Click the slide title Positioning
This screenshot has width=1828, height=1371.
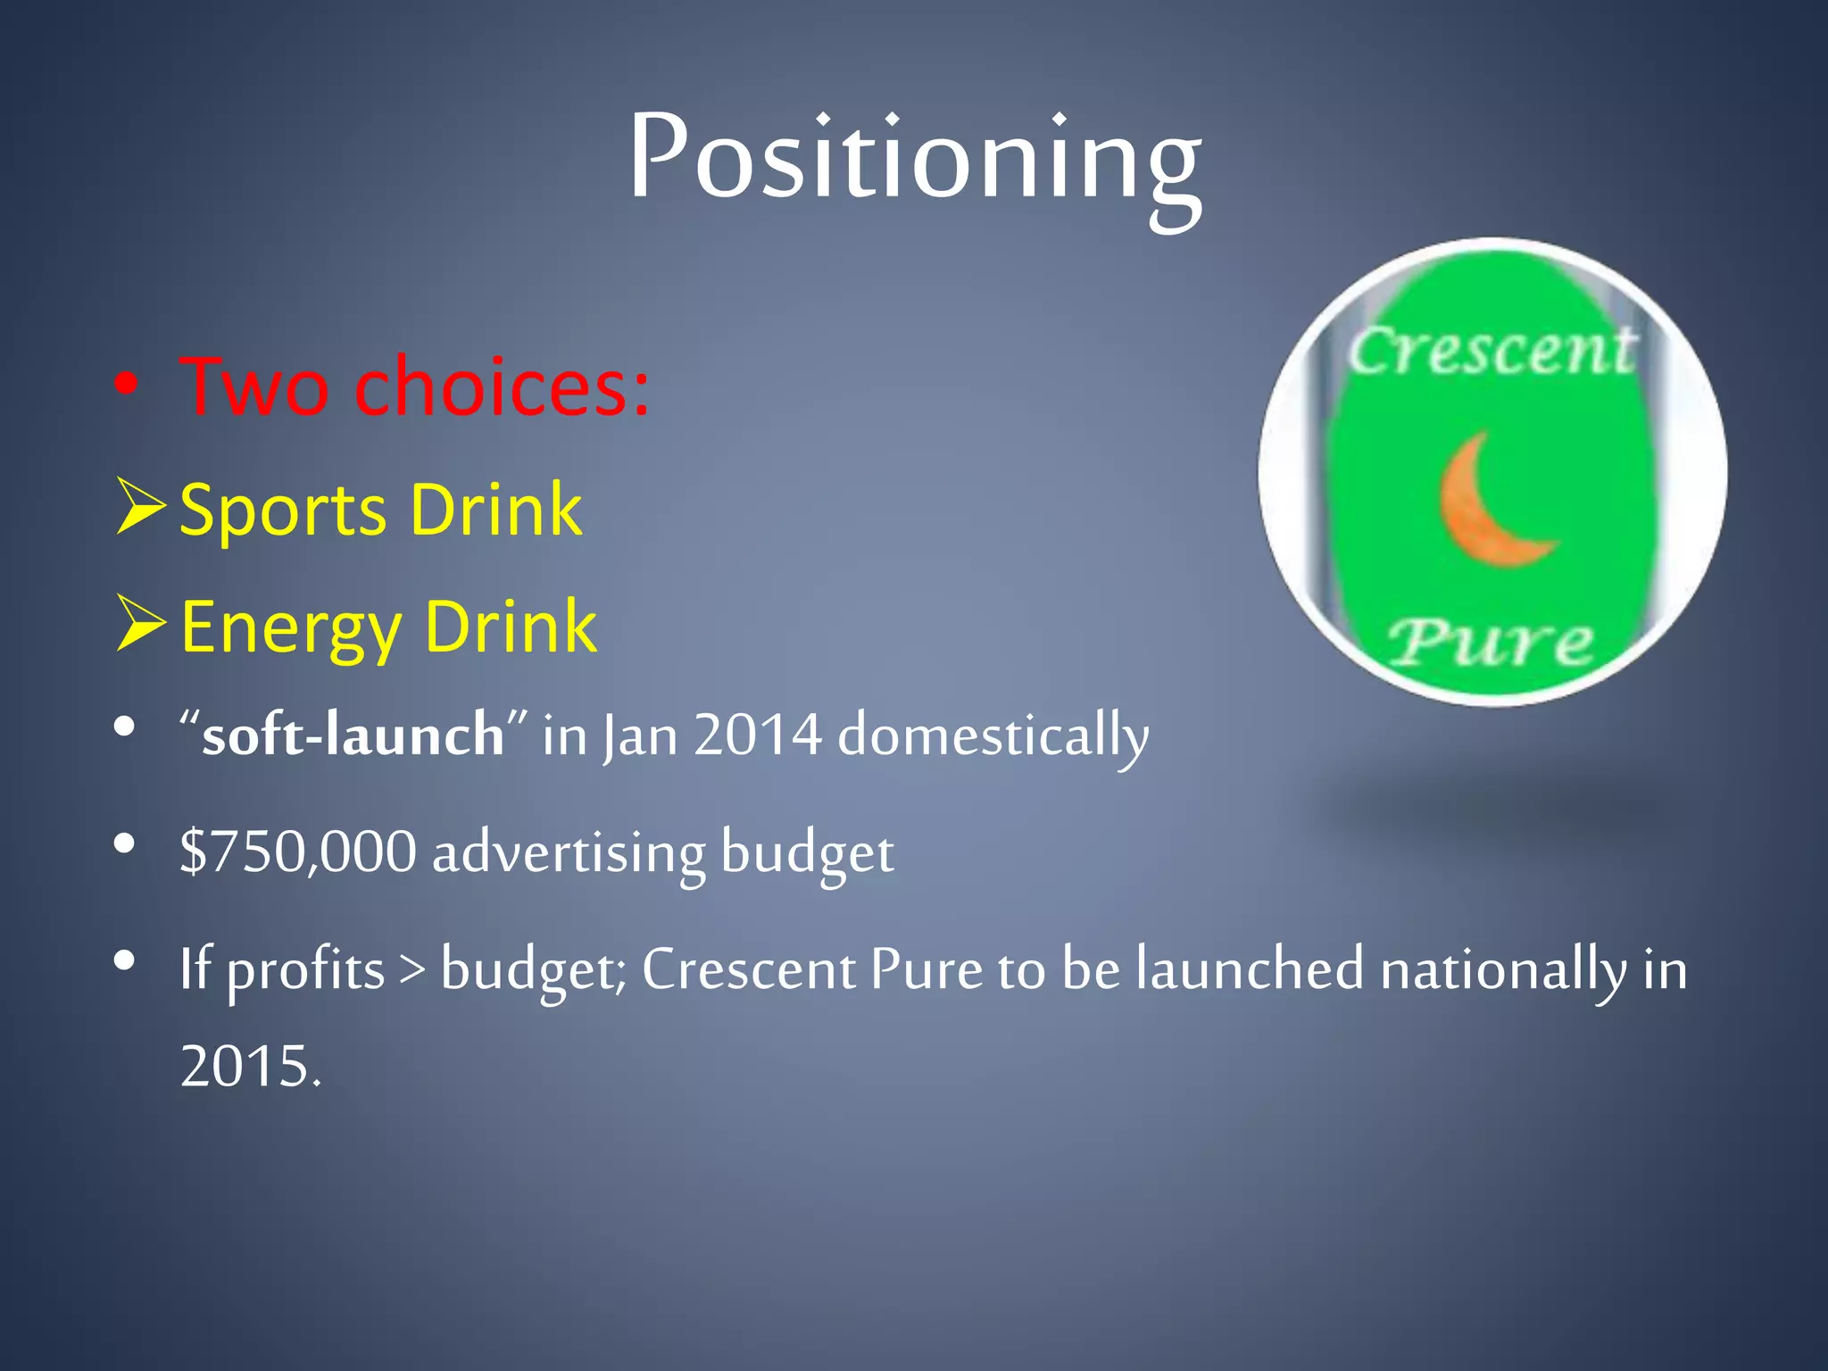914,159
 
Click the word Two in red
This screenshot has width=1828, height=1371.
253,387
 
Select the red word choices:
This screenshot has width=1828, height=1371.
502,387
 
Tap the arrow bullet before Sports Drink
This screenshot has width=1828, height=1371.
140,507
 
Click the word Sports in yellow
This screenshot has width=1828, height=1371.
282,510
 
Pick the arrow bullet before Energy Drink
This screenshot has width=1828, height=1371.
140,625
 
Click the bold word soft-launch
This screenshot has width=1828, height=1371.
353,735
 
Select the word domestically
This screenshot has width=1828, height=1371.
993,737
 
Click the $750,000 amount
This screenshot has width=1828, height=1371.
297,851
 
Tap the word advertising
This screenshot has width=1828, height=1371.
569,852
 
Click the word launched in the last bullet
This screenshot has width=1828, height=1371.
1250,969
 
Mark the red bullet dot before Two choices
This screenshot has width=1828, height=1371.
126,385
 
